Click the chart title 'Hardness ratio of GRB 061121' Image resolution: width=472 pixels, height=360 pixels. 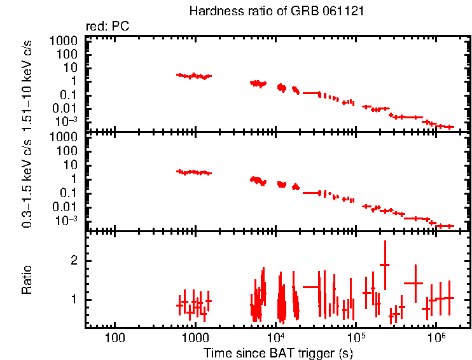click(x=277, y=12)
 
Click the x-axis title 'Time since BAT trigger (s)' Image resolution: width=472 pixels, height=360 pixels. click(x=278, y=352)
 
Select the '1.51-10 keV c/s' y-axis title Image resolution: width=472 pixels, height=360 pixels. click(x=27, y=83)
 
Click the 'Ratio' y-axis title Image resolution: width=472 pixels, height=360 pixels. click(x=27, y=280)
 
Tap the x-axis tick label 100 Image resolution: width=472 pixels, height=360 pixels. click(x=115, y=337)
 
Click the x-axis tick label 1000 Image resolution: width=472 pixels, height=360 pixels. click(x=195, y=337)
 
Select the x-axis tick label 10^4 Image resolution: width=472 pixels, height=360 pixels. click(x=275, y=336)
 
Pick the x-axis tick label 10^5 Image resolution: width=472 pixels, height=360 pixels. click(x=356, y=336)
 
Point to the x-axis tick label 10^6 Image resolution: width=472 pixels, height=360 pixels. click(x=436, y=336)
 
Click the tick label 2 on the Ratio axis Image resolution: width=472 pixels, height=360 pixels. click(x=74, y=261)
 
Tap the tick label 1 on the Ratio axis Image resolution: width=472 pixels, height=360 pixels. click(x=74, y=300)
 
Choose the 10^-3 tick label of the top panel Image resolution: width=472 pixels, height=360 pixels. click(x=67, y=121)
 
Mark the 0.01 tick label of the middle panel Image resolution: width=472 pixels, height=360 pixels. click(x=67, y=207)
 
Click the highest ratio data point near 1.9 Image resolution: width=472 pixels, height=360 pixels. click(x=384, y=264)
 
